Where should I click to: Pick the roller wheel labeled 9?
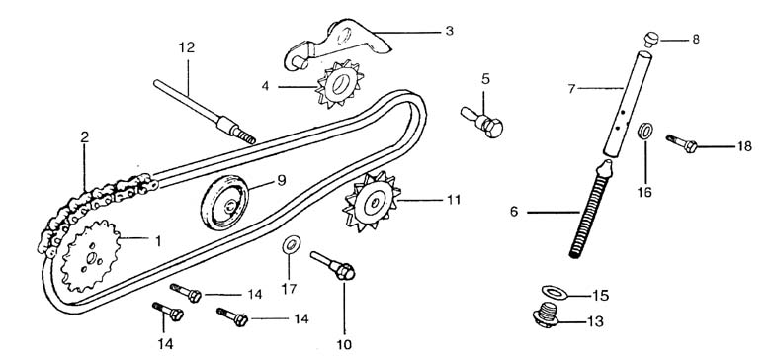click(x=224, y=202)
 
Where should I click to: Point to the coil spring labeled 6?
click(x=589, y=211)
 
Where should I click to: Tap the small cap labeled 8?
click(x=651, y=39)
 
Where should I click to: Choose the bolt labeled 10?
click(x=333, y=266)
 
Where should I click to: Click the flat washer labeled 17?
click(x=291, y=244)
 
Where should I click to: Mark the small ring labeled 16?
click(x=645, y=132)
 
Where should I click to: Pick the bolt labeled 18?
click(x=682, y=143)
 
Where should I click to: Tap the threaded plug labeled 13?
click(x=547, y=315)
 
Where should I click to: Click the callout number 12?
click(x=187, y=47)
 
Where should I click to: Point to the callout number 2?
click(x=85, y=137)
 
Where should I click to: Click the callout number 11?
click(x=454, y=200)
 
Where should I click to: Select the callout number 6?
click(x=514, y=212)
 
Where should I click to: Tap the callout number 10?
click(x=344, y=345)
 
